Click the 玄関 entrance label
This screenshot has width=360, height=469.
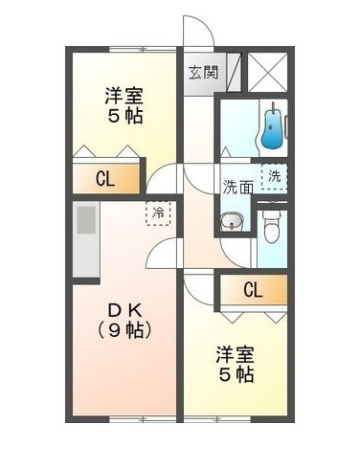[x=202, y=72]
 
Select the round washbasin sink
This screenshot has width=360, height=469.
[x=231, y=224]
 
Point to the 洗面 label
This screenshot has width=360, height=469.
[x=237, y=187]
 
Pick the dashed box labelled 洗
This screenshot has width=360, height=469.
[x=275, y=176]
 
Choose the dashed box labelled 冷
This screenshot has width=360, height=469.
[x=155, y=211]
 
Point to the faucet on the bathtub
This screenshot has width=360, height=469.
[x=275, y=108]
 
